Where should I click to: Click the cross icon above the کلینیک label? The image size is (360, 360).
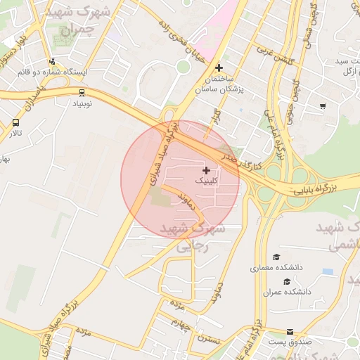point(206,170)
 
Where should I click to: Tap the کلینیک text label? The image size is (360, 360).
point(205,181)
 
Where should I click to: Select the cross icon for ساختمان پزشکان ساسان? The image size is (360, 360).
point(220,68)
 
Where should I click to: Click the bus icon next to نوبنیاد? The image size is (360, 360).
point(82,92)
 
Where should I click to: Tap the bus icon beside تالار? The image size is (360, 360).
point(15,122)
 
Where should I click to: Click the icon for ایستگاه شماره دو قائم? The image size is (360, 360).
point(53,61)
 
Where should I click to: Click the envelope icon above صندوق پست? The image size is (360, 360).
point(290,331)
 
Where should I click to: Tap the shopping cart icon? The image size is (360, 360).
point(323,106)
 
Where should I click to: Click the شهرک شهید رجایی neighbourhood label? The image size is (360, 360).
point(192,238)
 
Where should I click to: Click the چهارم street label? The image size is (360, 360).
point(181,323)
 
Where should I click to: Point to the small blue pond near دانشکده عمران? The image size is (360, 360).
point(328,271)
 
